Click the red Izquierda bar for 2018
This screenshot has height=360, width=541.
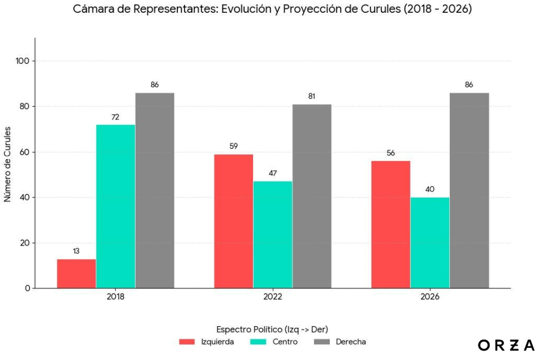point(76,273)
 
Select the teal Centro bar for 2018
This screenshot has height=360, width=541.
point(116,206)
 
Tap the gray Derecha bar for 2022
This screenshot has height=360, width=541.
point(312,196)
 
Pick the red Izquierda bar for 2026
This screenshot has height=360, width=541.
point(390,224)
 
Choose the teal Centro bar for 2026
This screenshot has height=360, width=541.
point(430,243)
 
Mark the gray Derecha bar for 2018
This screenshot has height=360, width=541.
point(155,191)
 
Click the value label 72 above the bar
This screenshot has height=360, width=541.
point(116,117)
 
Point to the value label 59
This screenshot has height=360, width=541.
point(234,147)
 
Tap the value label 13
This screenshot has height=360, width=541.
point(76,251)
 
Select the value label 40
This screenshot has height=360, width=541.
point(430,189)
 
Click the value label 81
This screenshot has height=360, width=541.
point(312,97)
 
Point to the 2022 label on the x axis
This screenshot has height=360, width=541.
point(272,297)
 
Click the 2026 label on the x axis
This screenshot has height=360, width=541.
point(430,297)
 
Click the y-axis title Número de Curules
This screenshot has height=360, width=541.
point(8,163)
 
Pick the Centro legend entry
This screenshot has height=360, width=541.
point(274,342)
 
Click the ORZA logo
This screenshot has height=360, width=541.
point(506,346)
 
